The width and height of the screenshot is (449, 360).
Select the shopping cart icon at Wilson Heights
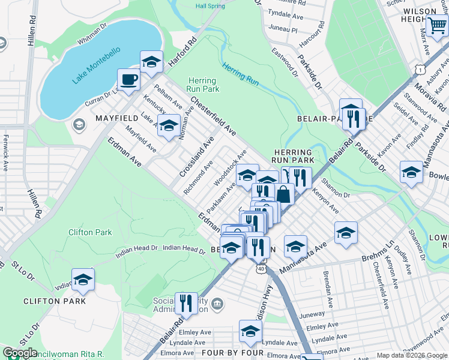436,26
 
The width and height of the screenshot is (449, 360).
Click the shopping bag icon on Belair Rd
284,194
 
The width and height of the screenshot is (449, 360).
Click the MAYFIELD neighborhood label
117,119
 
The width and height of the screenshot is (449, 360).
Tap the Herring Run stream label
240,74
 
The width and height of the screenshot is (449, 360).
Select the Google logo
20,353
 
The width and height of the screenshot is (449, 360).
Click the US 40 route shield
260,269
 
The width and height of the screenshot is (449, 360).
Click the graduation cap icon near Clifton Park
83,279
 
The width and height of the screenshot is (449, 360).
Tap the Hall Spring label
210,5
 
